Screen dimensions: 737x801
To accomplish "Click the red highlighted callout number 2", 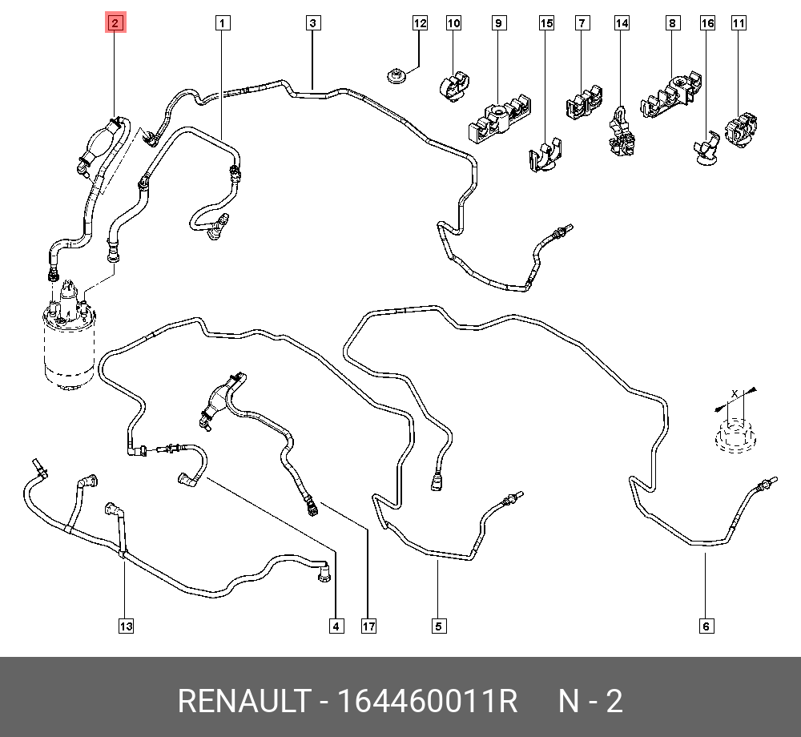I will coord(115,23).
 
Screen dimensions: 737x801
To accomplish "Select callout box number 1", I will coord(222,23).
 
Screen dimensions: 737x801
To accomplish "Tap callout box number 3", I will coord(313,23).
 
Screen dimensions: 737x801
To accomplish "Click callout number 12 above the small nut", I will coord(421,23).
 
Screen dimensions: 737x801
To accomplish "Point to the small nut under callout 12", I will coord(396,78).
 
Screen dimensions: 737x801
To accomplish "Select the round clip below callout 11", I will coord(741,130).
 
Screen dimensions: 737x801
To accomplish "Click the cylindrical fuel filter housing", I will coord(67,348).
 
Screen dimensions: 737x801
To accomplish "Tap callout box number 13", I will coord(126,626).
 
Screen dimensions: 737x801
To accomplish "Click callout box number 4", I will coord(336,626).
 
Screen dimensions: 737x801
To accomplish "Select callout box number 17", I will coord(368,626).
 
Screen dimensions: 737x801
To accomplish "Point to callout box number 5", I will coord(439,626).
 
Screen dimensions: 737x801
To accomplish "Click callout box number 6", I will coord(706,626).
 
